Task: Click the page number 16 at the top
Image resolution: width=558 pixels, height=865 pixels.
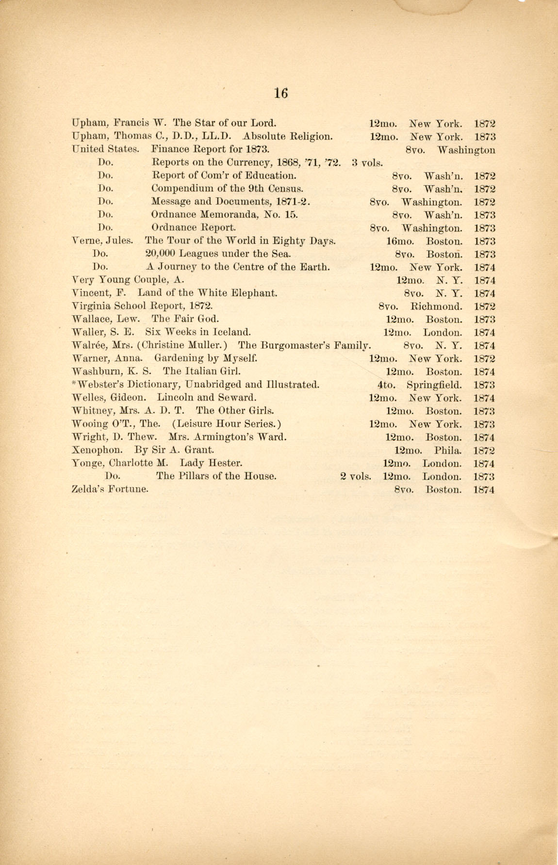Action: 280,93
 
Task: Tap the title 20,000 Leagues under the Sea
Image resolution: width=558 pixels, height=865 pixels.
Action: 218,254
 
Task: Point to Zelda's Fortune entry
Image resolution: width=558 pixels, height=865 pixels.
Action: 110,489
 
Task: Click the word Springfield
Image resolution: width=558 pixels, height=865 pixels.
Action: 434,385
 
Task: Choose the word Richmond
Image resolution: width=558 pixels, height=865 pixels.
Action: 436,306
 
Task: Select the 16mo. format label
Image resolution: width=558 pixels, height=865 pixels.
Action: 399,241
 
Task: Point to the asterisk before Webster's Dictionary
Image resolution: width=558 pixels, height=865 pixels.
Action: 73,384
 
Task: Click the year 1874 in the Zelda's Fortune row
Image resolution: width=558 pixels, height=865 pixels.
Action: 484,490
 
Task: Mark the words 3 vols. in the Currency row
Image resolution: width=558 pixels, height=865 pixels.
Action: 367,163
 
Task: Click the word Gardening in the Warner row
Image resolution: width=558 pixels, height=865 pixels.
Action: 177,359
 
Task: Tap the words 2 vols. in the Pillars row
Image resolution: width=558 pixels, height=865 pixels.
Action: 356,476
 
